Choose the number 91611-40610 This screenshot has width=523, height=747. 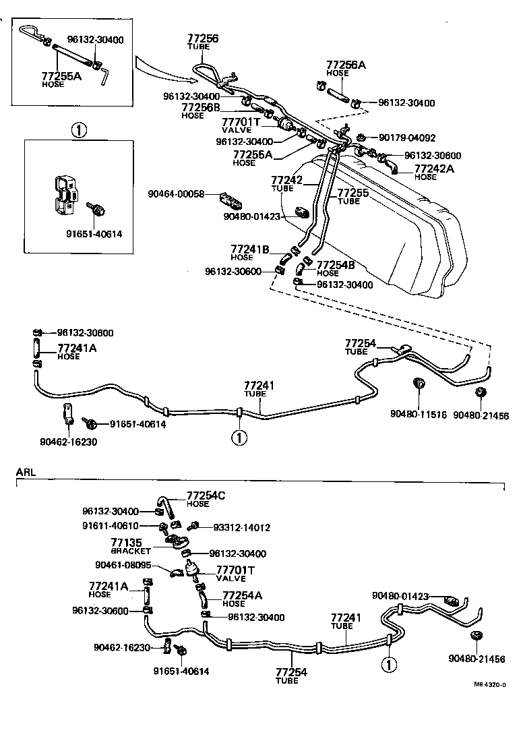(111, 526)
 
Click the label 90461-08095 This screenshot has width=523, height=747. (123, 566)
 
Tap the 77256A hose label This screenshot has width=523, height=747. (346, 68)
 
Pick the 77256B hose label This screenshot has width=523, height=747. (200, 111)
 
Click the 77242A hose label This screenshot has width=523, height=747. (433, 172)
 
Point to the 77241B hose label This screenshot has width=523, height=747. (250, 253)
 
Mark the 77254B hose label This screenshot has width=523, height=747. (336, 268)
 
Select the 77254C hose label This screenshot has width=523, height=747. (206, 500)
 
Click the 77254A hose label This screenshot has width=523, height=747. (242, 599)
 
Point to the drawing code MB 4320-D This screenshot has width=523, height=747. (489, 684)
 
